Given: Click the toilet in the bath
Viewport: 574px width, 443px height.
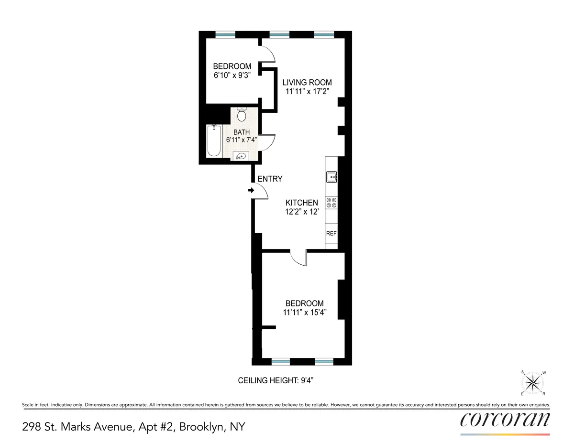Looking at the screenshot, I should tap(242, 115).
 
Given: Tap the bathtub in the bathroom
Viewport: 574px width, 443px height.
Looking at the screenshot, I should tap(214, 140).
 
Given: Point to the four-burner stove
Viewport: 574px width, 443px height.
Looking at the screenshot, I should tap(331, 203).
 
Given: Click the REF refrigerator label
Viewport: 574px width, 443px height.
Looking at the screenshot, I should tap(331, 234).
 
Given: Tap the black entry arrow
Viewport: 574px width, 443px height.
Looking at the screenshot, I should tap(251, 191).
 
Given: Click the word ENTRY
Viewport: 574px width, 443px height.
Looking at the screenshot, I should tap(270, 179).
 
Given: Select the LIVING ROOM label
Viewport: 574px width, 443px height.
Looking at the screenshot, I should tap(307, 82).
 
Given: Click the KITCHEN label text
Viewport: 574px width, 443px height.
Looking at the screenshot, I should tap(302, 203).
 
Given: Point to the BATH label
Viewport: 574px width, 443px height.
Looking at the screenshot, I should tap(242, 132).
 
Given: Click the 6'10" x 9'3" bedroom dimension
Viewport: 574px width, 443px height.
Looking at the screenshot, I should tap(232, 75).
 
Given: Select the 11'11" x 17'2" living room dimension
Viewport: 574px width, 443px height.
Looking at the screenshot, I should tap(307, 91).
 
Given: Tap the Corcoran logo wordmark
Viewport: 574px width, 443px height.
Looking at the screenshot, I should tap(505, 420).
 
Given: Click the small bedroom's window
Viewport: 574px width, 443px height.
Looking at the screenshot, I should tap(225, 34).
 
